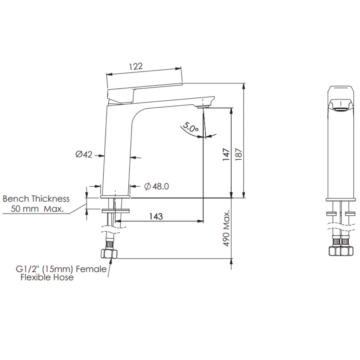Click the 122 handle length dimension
tap(136, 66)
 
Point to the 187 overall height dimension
tap(239, 154)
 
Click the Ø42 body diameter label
tap(84, 154)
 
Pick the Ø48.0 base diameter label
tap(156, 186)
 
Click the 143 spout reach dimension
tap(156, 216)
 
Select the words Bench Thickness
tap(36, 199)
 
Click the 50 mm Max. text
tap(37, 209)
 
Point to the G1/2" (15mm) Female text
tap(61, 269)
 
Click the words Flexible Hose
tap(47, 278)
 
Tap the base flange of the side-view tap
tap(115, 197)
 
